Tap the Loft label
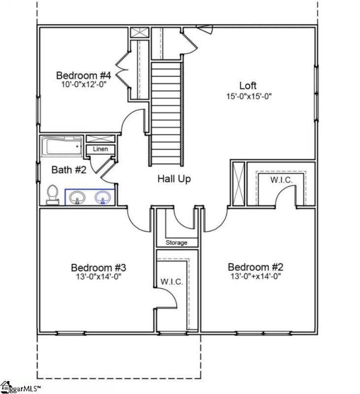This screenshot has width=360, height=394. tap(248, 85)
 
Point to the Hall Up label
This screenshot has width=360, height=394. tap(174, 179)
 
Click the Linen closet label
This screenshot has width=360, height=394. tap(100, 149)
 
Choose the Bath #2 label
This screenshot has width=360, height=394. tap(69, 170)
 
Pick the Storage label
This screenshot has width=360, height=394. tap(176, 243)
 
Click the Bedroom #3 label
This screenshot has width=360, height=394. tap(99, 267)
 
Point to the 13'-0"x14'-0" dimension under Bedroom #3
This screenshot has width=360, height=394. tap(99, 277)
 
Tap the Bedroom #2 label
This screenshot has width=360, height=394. tap(255, 267)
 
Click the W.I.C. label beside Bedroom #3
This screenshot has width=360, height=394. tap(171, 282)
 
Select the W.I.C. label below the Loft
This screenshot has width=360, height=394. tap(281, 180)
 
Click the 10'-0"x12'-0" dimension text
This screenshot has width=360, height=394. tap(83, 84)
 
